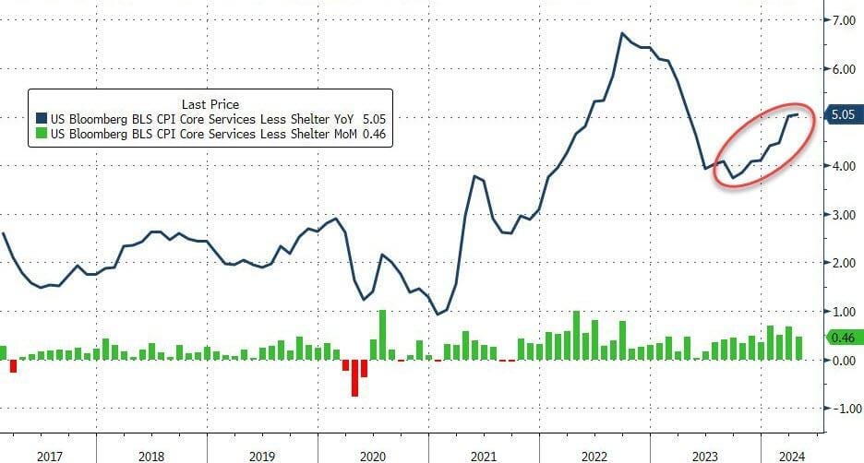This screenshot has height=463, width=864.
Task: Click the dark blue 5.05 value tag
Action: [843, 114]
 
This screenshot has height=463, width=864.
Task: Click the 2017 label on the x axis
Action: [49, 457]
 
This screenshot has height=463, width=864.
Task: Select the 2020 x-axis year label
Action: [373, 457]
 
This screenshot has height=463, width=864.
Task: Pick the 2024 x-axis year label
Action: [792, 457]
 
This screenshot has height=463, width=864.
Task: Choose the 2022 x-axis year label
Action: [594, 457]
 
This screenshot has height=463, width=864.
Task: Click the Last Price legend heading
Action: [210, 104]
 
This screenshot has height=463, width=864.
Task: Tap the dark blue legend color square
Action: [42, 118]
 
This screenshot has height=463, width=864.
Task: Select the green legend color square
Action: [42, 133]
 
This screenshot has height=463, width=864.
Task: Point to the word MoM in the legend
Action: [344, 134]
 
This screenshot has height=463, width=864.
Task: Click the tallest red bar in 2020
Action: [354, 377]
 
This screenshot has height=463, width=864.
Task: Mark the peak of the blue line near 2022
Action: [622, 33]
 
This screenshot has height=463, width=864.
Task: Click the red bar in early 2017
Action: [13, 366]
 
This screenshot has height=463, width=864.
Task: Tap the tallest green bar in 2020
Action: [382, 336]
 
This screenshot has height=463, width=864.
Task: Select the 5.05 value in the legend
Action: [374, 119]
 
